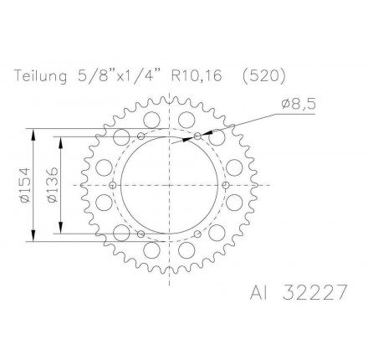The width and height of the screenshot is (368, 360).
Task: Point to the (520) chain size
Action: point(263,76)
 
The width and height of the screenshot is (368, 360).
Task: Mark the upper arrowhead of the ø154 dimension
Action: point(33,131)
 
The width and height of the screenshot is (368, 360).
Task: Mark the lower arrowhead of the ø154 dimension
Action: point(33,239)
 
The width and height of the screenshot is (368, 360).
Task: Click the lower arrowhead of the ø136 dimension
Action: point(64,232)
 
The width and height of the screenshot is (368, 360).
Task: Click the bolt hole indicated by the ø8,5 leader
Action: point(197,136)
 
